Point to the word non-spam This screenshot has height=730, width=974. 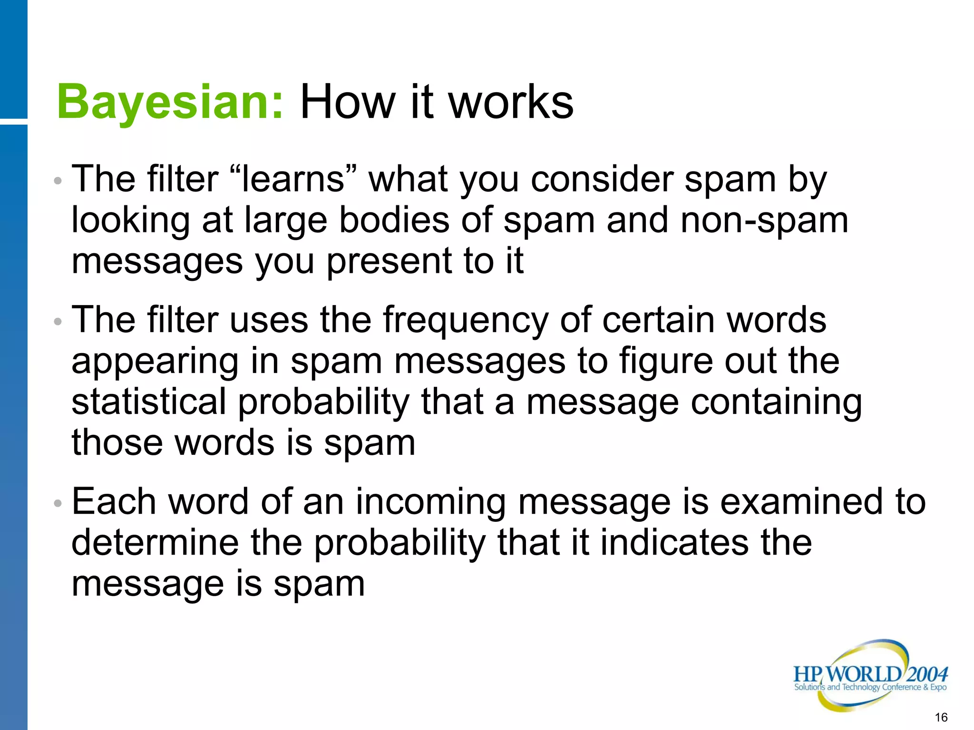point(764,221)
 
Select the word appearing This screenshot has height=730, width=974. point(155,362)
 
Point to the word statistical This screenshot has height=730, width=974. point(149,402)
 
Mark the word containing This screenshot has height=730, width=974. point(776,402)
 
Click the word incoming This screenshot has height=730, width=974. point(430,502)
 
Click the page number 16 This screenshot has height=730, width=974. point(941,717)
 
